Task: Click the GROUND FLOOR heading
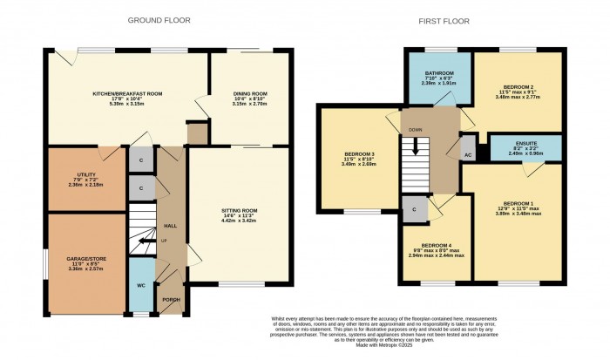coord(160,19)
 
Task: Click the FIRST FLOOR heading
coord(446,19)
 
